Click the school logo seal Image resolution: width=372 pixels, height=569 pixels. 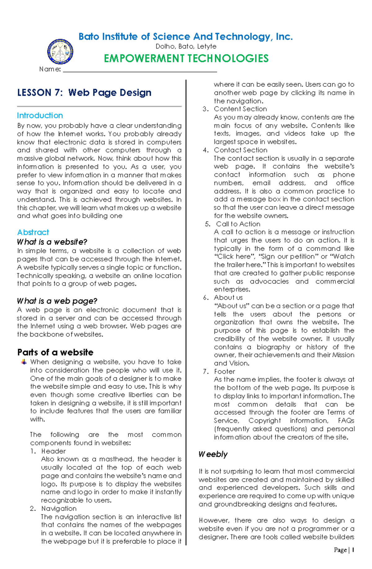(60, 52)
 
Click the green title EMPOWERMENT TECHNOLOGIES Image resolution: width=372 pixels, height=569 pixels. (186, 59)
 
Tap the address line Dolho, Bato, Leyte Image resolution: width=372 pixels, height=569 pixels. (186, 47)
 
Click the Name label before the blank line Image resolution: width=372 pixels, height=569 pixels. (50, 69)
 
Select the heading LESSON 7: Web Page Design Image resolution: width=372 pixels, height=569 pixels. (84, 92)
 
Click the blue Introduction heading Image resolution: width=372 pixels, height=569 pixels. (40, 116)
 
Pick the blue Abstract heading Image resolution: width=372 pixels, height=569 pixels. (33, 232)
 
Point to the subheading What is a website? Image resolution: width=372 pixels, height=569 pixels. (52, 242)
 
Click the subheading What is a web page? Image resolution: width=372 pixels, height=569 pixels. (57, 301)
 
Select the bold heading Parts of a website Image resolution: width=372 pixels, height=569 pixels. (55, 352)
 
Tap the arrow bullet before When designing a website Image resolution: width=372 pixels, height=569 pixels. (24, 362)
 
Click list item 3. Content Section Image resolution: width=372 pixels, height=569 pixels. (240, 109)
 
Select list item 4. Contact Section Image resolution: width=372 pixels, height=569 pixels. (241, 150)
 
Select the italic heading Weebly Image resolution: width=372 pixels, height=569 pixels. (213, 454)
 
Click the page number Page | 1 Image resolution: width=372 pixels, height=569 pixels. (344, 550)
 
